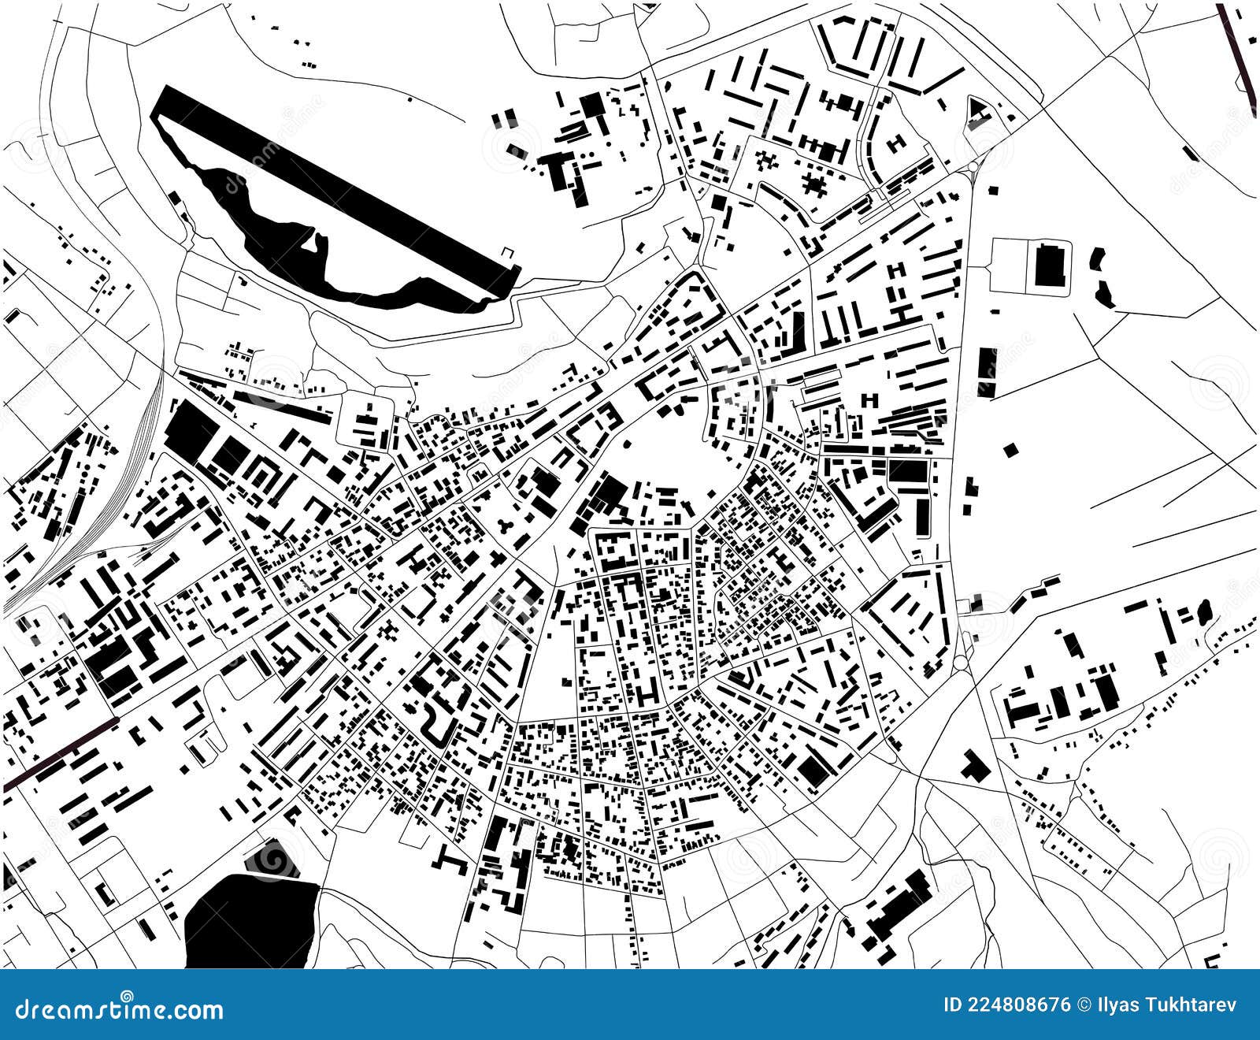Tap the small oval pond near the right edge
(1203, 610)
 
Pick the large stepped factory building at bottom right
(898, 906)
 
